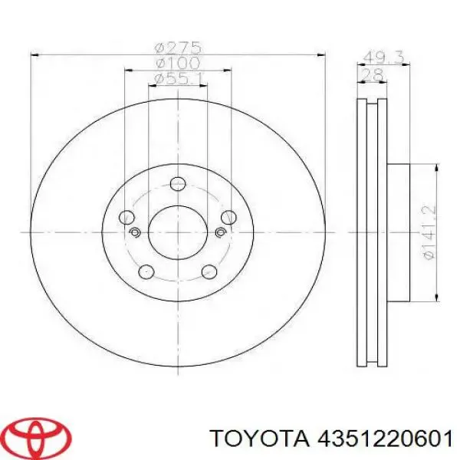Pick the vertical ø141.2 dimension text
tap(429, 230)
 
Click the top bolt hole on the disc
tap(178, 184)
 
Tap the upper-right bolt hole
tap(228, 218)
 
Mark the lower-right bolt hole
tap(209, 271)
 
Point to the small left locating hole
tap(135, 232)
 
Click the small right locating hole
tap(221, 232)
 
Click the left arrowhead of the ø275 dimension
tap(33, 53)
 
